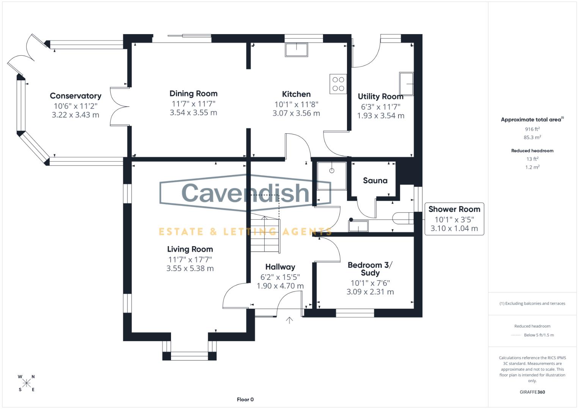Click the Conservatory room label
click(75, 96)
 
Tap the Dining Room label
click(193, 94)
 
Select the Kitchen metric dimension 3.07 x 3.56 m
click(296, 113)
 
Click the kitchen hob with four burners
click(338, 84)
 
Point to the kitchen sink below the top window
click(297, 50)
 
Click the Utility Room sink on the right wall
click(406, 84)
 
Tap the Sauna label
click(375, 181)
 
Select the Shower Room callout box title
click(454, 209)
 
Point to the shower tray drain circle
click(332, 171)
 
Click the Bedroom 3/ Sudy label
click(370, 269)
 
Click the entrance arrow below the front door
click(289, 320)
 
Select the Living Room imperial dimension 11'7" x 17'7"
click(190, 259)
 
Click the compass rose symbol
click(27, 383)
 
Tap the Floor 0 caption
click(245, 400)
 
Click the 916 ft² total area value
click(532, 129)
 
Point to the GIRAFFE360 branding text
click(532, 392)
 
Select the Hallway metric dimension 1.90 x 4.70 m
click(280, 286)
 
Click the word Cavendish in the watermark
click(245, 192)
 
